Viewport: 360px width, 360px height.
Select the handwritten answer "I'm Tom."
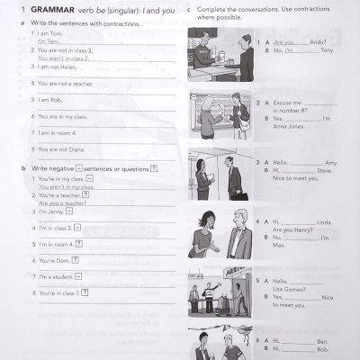[x=48, y=41]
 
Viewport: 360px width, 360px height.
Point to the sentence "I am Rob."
[x=52, y=99]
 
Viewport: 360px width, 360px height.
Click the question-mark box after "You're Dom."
[x=79, y=261]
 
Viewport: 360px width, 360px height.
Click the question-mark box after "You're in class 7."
[x=85, y=292]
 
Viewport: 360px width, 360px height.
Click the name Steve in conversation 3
[x=325, y=170]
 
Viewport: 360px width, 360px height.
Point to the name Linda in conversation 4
[x=325, y=221]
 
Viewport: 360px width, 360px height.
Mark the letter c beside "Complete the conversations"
[x=187, y=11]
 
